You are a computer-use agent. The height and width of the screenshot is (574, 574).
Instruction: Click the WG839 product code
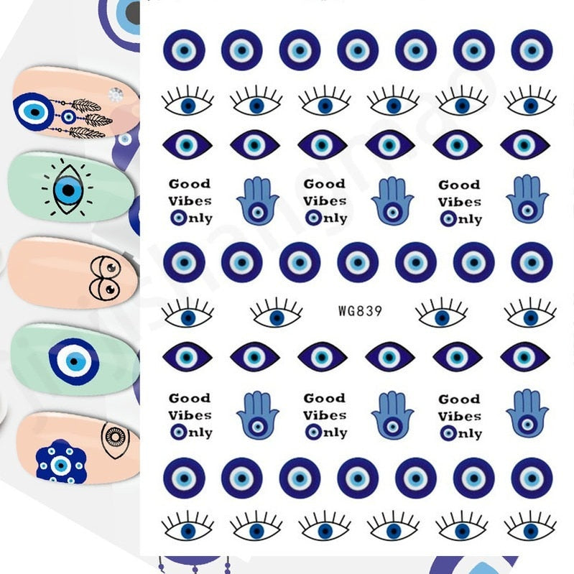(359, 312)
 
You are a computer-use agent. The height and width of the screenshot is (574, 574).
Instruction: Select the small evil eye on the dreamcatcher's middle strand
(69, 116)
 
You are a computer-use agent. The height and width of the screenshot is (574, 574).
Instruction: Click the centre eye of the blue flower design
(60, 465)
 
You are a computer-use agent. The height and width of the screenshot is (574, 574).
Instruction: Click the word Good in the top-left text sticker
(190, 184)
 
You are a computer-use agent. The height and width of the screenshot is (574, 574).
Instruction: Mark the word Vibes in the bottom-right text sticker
(460, 416)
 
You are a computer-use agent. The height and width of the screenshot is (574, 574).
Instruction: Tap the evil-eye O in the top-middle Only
(313, 218)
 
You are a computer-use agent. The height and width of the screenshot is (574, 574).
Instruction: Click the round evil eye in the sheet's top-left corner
(184, 50)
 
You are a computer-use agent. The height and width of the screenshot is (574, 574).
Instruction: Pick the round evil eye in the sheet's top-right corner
(532, 50)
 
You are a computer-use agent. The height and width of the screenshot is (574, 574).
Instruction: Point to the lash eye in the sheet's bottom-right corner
(530, 528)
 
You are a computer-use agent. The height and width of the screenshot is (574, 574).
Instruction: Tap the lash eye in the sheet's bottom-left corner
(188, 528)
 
